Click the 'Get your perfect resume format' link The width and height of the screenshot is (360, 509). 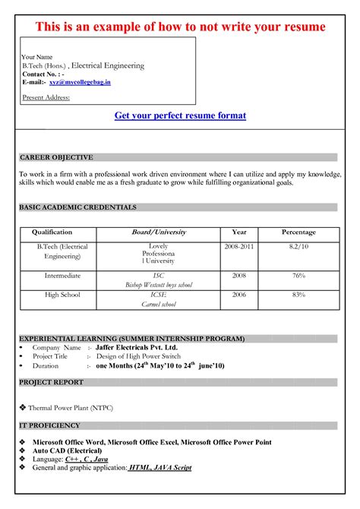tap(180, 116)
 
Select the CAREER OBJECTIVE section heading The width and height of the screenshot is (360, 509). tap(56, 157)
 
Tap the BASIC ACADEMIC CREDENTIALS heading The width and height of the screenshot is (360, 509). tap(77, 207)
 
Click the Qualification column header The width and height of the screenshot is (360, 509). tap(52, 232)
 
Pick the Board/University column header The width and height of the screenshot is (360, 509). tap(159, 232)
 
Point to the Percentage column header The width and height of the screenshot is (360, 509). tap(298, 232)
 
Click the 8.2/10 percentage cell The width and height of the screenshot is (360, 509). tap(298, 248)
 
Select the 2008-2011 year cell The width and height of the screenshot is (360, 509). tap(239, 248)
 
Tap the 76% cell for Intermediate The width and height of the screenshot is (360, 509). tap(298, 276)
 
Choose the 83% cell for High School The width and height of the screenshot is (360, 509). tap(298, 294)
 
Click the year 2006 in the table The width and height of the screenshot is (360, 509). tap(239, 294)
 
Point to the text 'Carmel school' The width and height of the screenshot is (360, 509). tap(159, 304)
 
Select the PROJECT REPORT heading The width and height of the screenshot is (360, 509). tap(51, 382)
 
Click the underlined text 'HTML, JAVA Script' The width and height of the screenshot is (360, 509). tap(159, 468)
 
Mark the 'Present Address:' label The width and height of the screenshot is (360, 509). tap(43, 97)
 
